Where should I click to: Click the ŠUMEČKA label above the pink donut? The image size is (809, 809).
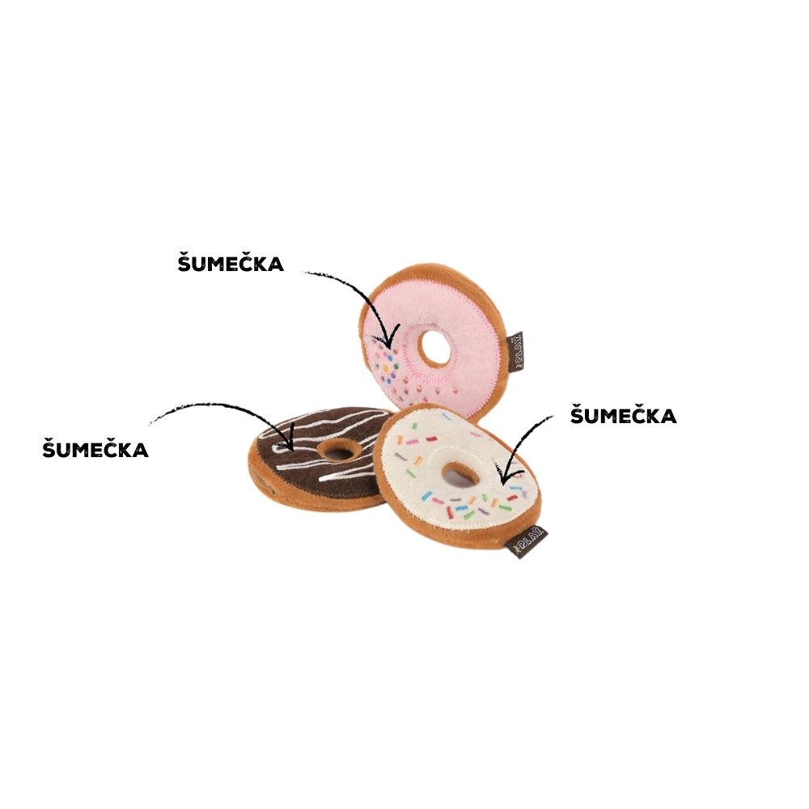pos(231,262)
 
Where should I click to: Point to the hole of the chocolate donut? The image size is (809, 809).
pos(339,454)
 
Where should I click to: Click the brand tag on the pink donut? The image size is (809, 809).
pos(515,351)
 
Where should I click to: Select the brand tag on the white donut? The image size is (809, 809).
pos(527,542)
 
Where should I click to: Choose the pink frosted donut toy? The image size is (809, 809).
pos(434,341)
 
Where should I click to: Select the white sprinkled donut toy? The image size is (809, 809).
pos(458,476)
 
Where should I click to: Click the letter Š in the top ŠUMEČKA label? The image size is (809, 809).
pos(184,262)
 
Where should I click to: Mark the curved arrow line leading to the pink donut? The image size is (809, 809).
pos(360,294)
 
